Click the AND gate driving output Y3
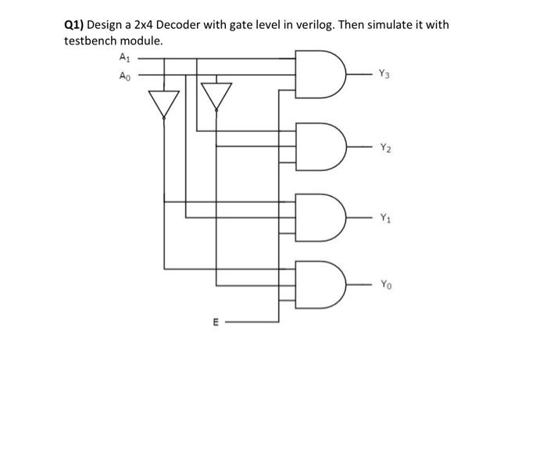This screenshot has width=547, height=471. click(x=320, y=74)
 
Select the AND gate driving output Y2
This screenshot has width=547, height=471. click(x=320, y=146)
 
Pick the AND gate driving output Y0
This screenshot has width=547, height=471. click(x=320, y=284)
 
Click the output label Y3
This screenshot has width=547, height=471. click(x=383, y=75)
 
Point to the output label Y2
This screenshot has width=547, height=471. click(x=386, y=147)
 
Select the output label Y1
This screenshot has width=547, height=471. click(x=386, y=219)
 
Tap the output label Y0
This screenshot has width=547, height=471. click(x=386, y=285)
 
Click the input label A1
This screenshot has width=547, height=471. click(x=123, y=56)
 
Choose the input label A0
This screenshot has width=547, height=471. click(x=123, y=76)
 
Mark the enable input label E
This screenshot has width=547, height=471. click(x=215, y=322)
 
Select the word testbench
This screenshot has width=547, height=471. click(x=91, y=41)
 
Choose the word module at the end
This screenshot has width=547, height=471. click(x=143, y=41)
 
